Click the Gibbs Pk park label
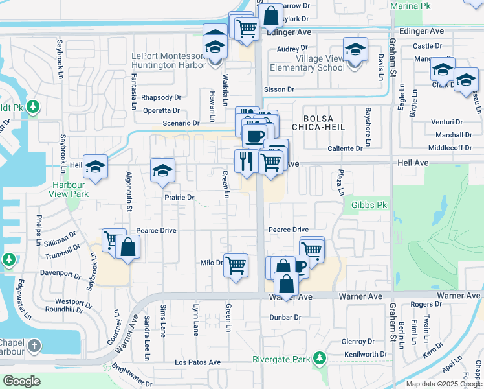click(x=369, y=205)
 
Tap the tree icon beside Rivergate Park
click(x=319, y=358)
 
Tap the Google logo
click(x=21, y=381)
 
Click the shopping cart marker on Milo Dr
click(x=236, y=265)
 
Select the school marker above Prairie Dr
click(x=162, y=171)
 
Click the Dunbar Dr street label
click(x=285, y=317)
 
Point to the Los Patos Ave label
click(x=197, y=362)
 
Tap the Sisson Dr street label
click(x=279, y=89)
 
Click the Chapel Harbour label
click(x=12, y=348)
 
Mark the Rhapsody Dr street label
click(x=161, y=97)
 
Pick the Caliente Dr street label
click(x=345, y=148)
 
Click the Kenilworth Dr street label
click(x=366, y=354)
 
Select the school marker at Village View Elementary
click(x=355, y=50)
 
